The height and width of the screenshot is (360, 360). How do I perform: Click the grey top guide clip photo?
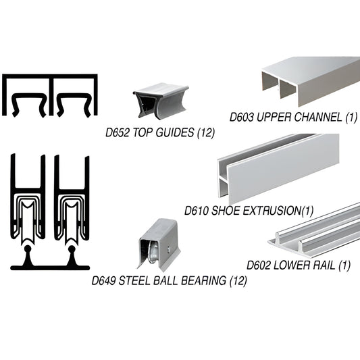tap(160, 101)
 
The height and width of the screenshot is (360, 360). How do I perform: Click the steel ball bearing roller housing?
tap(162, 247)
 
